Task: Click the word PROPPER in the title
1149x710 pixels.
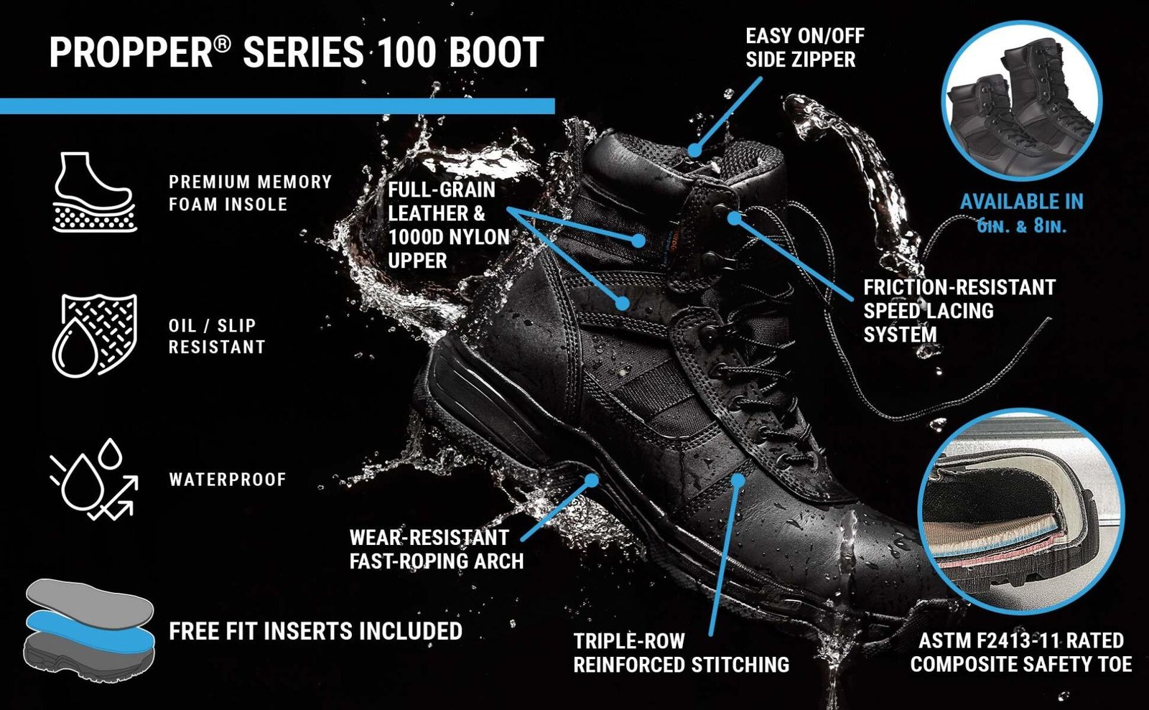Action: pos(131,52)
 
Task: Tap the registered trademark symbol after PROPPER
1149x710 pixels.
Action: pos(222,45)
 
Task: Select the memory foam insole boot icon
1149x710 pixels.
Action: pos(94,192)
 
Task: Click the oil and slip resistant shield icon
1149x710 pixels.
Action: pos(94,335)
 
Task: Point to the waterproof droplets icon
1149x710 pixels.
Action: pos(94,479)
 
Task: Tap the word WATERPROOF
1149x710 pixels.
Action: pos(228,480)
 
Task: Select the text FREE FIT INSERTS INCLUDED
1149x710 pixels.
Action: pos(315,631)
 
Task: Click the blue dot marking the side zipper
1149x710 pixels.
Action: pos(694,150)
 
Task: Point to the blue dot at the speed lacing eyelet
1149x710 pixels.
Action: pos(735,218)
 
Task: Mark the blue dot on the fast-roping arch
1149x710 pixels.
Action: pos(592,480)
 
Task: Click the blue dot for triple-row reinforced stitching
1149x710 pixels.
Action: pos(738,480)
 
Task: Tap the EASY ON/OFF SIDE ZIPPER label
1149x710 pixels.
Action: pos(805,47)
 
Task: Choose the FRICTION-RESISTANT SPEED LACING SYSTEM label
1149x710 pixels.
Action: pos(959,311)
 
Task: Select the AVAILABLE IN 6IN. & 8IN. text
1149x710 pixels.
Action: pos(1022,213)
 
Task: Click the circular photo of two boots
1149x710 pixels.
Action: pos(1023,101)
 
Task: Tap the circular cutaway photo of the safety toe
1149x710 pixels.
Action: pos(1020,511)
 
